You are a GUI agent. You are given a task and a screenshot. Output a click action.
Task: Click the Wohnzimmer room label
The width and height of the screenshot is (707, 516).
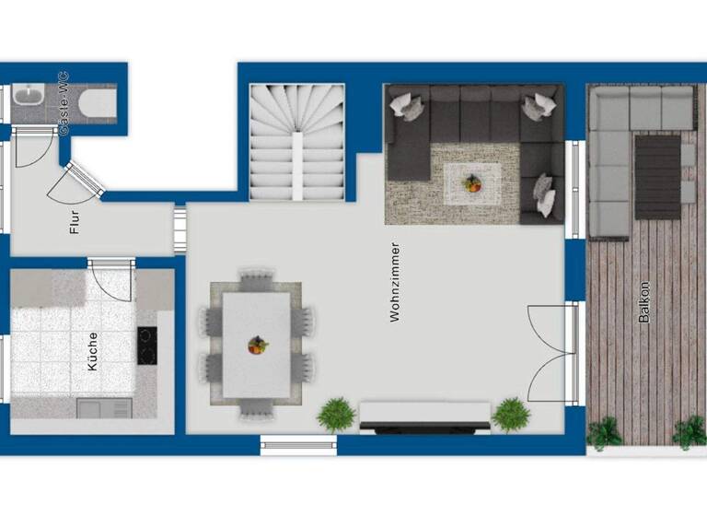(395, 282)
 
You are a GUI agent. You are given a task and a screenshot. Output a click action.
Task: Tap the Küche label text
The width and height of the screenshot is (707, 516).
(92, 350)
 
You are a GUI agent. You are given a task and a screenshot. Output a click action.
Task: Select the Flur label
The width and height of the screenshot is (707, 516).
(75, 223)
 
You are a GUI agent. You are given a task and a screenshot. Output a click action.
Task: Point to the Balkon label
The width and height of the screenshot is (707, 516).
(643, 301)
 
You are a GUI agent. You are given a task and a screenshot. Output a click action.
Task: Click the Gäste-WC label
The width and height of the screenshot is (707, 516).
(64, 104)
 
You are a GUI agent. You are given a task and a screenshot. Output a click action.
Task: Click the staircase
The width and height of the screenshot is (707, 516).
(298, 142)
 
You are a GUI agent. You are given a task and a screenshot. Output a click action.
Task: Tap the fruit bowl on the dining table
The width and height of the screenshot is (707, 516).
(257, 346)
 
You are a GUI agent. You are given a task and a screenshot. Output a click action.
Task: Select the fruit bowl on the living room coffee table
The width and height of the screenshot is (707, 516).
(472, 183)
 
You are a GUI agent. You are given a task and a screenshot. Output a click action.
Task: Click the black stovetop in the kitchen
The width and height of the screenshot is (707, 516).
(147, 346)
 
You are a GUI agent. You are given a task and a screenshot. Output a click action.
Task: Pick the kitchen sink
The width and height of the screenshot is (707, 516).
(103, 407)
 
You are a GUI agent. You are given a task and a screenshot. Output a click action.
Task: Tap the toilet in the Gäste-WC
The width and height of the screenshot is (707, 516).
(96, 102)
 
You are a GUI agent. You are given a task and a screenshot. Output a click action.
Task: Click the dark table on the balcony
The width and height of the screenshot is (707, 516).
(657, 176)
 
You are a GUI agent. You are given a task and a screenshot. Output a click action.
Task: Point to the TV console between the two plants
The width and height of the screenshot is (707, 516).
(424, 417)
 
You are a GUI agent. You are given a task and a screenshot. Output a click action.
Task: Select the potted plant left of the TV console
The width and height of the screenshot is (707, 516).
(337, 415)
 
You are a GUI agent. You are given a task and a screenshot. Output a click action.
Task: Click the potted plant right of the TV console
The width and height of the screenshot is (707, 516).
(510, 415)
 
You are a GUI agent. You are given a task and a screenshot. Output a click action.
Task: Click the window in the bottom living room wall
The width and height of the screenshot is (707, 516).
(299, 446)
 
